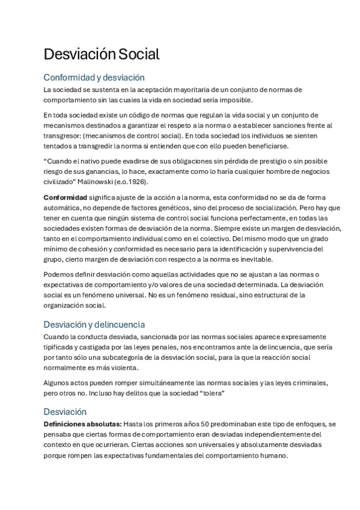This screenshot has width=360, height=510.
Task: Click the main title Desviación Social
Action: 102,54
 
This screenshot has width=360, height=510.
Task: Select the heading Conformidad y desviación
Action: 94,78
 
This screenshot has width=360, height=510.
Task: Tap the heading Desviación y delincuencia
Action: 94,324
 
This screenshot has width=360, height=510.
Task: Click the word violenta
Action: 121,367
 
